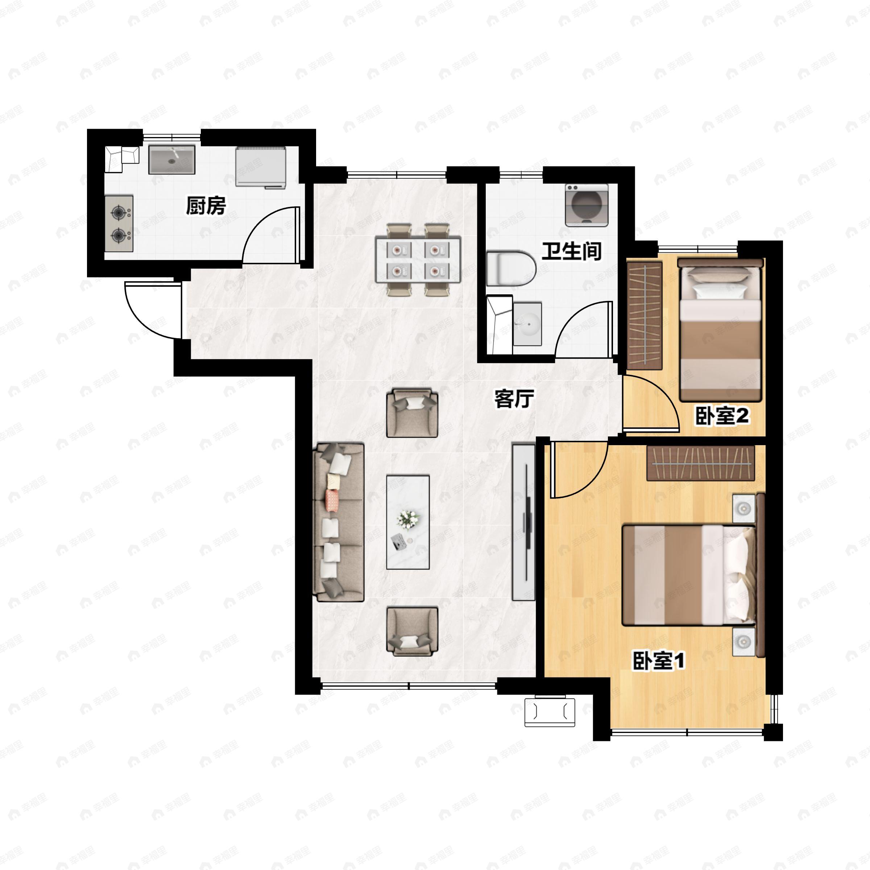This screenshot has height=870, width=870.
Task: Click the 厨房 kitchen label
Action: tap(206, 206)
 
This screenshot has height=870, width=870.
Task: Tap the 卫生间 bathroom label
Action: tap(571, 251)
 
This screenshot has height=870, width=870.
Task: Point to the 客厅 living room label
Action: tap(514, 398)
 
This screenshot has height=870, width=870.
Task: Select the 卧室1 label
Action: tap(659, 660)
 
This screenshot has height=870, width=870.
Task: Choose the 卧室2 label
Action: tap(722, 416)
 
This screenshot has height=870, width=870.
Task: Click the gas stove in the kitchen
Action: tap(119, 223)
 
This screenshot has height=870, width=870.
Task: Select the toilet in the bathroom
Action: tap(511, 269)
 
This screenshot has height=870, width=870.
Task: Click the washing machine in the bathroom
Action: tap(587, 205)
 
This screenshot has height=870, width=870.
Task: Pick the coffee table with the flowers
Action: tap(407, 522)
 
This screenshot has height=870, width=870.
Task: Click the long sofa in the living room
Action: tap(339, 522)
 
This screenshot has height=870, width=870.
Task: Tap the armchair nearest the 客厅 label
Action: tap(412, 413)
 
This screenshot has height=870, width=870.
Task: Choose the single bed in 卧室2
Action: tap(720, 330)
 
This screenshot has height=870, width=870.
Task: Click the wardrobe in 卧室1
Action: tap(701, 463)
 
